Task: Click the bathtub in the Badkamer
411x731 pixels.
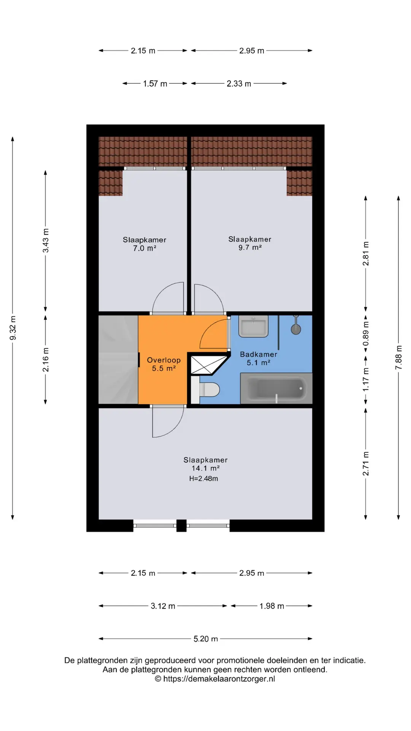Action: [x=276, y=388]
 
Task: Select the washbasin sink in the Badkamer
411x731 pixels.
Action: [x=253, y=327]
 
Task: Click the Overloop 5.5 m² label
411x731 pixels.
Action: [x=164, y=364]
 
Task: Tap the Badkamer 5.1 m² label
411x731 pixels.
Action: [x=258, y=358]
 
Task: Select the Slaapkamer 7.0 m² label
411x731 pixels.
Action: [x=144, y=244]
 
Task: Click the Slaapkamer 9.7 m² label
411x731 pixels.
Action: [x=250, y=243]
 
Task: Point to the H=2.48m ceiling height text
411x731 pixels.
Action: [x=204, y=479]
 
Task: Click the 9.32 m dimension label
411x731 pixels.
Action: [x=13, y=328]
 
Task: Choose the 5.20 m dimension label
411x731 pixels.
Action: [x=205, y=639]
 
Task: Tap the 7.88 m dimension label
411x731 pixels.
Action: [x=398, y=357]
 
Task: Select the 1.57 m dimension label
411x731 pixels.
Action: [x=155, y=84]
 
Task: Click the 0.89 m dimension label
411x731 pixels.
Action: [x=366, y=334]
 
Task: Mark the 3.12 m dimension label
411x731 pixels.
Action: [x=163, y=606]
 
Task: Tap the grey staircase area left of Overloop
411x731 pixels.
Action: [x=118, y=359]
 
